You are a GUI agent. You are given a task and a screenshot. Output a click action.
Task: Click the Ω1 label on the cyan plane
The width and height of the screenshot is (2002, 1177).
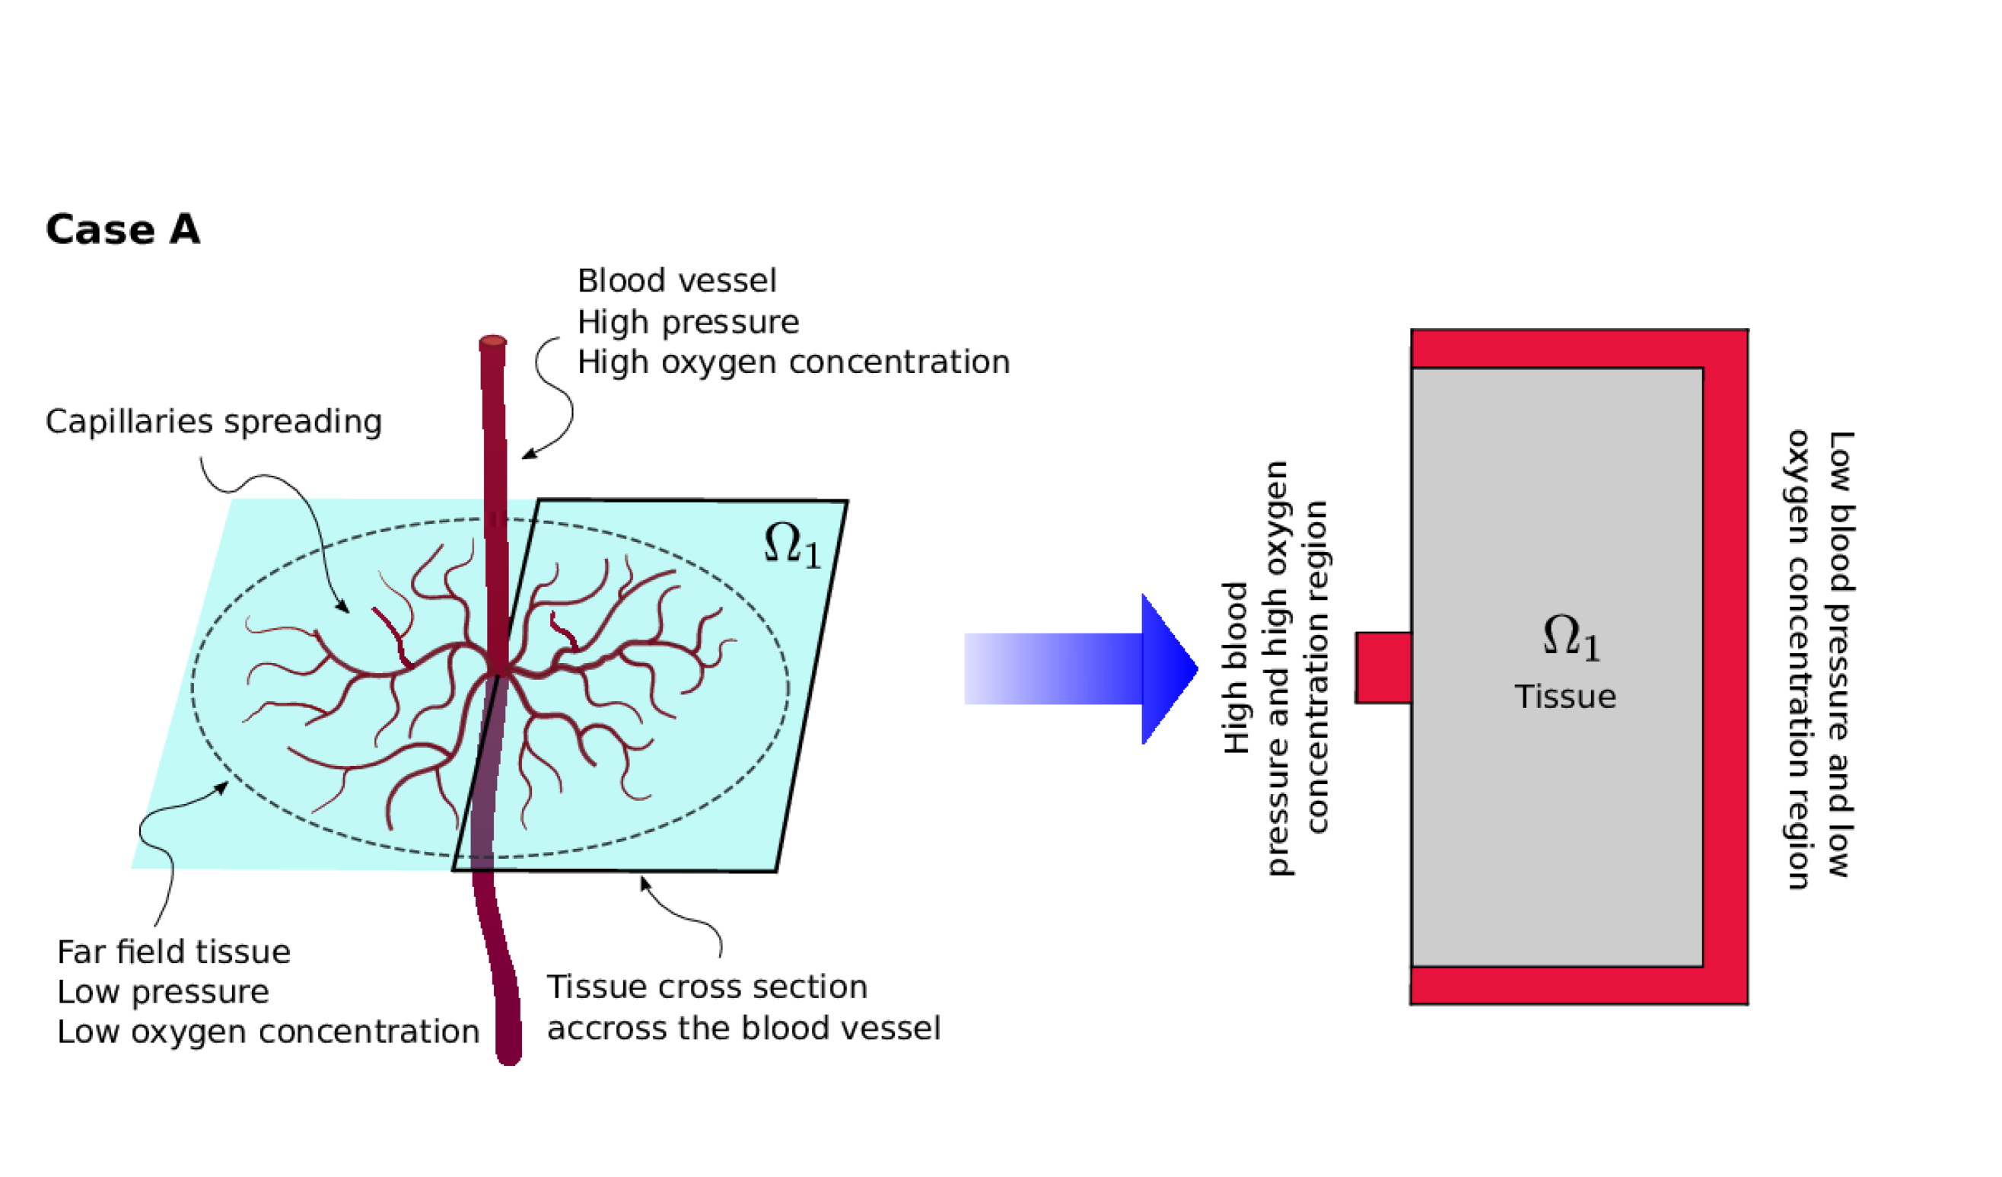(791, 547)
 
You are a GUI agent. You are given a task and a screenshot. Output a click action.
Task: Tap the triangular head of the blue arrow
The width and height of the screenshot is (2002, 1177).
(1167, 668)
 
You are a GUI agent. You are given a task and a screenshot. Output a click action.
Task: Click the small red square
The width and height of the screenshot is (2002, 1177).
(1383, 668)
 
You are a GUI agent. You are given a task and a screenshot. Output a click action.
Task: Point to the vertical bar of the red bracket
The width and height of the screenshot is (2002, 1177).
(1725, 668)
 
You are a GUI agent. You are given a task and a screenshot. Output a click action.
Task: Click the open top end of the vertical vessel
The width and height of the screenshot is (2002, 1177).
(492, 342)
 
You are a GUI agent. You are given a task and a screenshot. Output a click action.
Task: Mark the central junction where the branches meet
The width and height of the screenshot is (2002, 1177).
(498, 670)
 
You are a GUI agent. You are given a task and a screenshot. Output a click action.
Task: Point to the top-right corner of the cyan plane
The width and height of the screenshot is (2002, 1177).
(842, 505)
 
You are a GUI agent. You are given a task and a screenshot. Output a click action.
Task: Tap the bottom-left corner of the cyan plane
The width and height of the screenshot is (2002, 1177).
(132, 867)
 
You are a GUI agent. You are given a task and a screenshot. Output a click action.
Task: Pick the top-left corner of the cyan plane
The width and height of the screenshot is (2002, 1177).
(231, 499)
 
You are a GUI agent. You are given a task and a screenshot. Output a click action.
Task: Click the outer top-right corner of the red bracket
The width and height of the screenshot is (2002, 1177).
(1746, 332)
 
